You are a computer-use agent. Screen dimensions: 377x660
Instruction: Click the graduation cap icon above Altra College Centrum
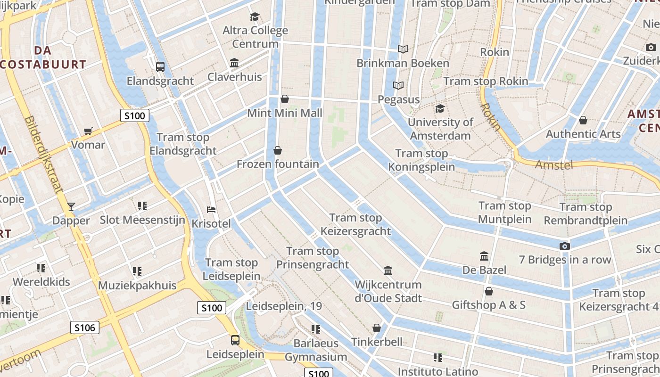click(x=255, y=17)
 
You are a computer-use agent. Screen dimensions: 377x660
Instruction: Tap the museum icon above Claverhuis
click(x=234, y=63)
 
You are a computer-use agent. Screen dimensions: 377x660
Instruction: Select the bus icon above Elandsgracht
click(x=160, y=67)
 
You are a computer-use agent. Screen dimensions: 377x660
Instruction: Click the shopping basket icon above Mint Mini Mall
click(x=285, y=99)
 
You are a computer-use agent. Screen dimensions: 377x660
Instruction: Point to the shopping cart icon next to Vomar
click(x=88, y=131)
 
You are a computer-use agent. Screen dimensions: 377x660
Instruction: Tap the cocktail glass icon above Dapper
click(x=71, y=206)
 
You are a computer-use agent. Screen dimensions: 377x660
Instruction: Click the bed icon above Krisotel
click(x=211, y=209)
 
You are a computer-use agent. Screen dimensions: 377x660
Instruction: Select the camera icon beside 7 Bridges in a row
click(x=564, y=246)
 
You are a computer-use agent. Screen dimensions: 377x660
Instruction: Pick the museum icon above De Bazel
click(x=484, y=256)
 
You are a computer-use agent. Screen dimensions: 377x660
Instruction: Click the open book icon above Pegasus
click(x=398, y=86)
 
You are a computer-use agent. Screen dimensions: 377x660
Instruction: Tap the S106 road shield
click(x=85, y=328)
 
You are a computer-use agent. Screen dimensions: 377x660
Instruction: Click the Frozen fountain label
click(x=278, y=164)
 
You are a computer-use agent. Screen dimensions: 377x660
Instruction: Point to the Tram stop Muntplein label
click(x=504, y=213)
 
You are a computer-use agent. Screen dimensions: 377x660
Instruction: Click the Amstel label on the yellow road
click(x=554, y=165)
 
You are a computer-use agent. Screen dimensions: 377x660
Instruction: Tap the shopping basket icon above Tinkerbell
click(x=377, y=328)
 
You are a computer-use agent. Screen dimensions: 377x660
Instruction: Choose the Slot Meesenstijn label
click(x=142, y=220)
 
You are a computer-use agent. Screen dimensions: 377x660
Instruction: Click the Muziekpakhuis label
click(x=137, y=285)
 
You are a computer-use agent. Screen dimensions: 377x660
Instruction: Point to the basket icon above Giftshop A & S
click(x=489, y=291)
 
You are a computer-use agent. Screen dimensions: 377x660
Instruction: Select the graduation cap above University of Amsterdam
click(x=440, y=109)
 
